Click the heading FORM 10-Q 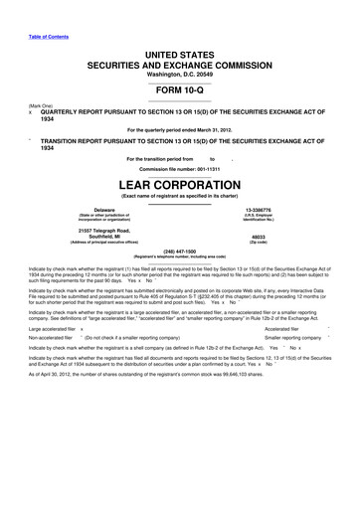pyautogui.click(x=179, y=87)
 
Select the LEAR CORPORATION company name pyautogui.click(x=179, y=186)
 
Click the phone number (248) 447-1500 pyautogui.click(x=179, y=252)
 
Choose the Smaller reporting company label pyautogui.click(x=298, y=338)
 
